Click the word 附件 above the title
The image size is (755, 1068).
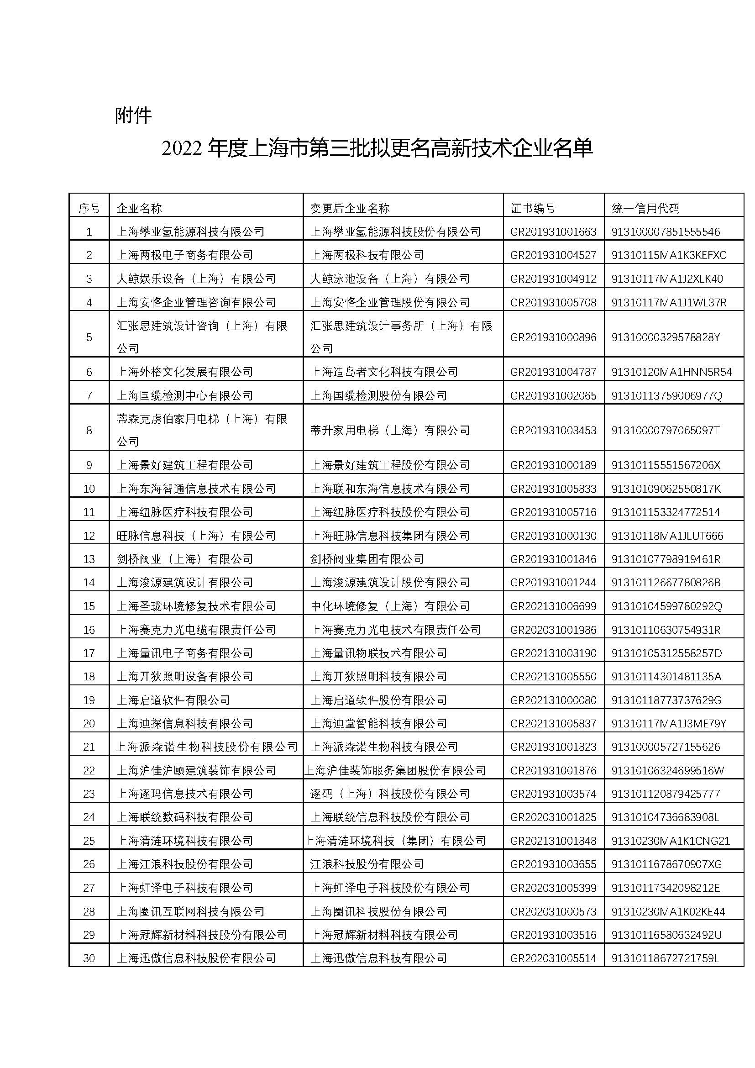(x=133, y=116)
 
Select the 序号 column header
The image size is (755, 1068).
(x=89, y=208)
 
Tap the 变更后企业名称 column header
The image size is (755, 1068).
(x=350, y=208)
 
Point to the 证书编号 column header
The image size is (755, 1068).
(x=533, y=208)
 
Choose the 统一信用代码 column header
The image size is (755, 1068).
(x=645, y=208)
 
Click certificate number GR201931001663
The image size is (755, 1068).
(x=553, y=231)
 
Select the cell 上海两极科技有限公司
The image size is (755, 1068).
(x=367, y=255)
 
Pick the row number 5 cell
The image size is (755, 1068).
(x=89, y=337)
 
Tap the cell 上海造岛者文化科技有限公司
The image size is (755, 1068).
(x=384, y=372)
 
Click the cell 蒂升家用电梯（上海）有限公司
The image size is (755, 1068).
(x=389, y=430)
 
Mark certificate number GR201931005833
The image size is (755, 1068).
(x=553, y=489)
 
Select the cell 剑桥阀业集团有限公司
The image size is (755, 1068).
(x=367, y=558)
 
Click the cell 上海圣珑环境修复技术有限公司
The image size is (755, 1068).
(x=196, y=606)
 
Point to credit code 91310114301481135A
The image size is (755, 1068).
(x=666, y=676)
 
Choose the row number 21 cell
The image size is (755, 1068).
(x=89, y=747)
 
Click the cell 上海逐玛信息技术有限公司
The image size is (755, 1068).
(x=184, y=794)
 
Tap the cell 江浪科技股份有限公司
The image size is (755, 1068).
(x=367, y=864)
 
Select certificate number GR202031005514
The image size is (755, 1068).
(x=553, y=958)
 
